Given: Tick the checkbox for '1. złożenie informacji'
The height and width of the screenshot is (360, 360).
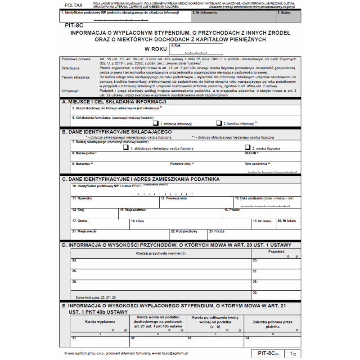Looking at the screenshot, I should click(x=156, y=123).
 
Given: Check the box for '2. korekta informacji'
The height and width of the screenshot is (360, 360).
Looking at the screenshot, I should click(x=219, y=123).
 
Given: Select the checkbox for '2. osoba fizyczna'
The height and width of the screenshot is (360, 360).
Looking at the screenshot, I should click(x=247, y=147).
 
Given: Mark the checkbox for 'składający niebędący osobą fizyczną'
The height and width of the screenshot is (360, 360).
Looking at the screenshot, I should click(x=126, y=147).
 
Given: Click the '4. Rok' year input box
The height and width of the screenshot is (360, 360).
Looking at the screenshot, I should click(x=196, y=49).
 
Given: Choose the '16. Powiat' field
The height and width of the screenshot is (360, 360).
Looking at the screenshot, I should click(x=261, y=213).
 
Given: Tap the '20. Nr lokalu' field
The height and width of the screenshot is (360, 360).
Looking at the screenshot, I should click(x=287, y=224).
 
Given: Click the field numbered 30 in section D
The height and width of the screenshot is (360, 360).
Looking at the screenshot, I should click(x=275, y=295).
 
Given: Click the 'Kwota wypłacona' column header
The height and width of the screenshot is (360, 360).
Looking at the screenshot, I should click(x=100, y=322).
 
